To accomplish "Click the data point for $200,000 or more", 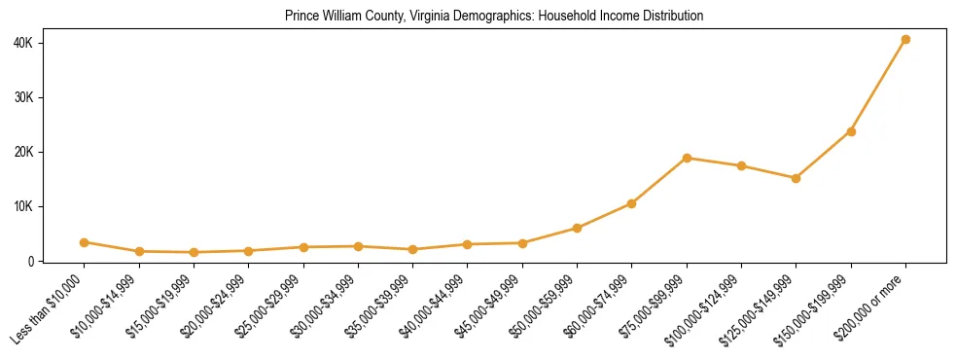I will [905, 40].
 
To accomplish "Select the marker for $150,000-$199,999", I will [851, 131].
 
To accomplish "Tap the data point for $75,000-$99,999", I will [687, 158].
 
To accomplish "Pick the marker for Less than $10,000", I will [85, 242].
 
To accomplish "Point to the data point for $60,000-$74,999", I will [632, 203].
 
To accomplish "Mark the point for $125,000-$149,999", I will [796, 178].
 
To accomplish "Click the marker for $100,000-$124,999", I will [741, 166].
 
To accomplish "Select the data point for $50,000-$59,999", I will [577, 229].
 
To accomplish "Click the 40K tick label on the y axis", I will [24, 43].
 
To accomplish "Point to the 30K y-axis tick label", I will [24, 97].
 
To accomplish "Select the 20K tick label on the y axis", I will [24, 152].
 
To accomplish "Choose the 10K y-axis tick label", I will [24, 206].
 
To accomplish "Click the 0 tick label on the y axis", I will [32, 261].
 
